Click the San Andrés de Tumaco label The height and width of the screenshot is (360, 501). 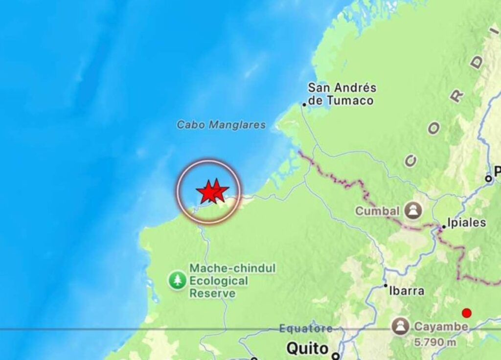tap(342, 94)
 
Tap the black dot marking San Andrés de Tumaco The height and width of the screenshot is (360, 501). tap(304, 104)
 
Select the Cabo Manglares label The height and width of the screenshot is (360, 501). tap(221, 125)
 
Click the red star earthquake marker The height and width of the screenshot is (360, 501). tap(211, 191)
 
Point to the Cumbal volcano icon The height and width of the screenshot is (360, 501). tap(414, 211)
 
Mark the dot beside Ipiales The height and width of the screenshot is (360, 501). tap(444, 227)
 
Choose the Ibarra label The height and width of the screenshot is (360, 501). tap(406, 291)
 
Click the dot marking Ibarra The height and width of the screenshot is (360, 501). tap(386, 286)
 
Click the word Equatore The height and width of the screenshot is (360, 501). tap(306, 329)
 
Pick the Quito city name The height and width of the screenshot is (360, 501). tap(307, 349)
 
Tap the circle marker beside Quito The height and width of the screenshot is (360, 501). tap(335, 356)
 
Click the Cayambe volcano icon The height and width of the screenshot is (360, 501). tap(400, 326)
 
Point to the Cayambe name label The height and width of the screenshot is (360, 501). tap(441, 326)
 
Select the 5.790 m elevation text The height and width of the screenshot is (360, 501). tap(434, 342)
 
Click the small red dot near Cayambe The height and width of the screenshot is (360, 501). tap(467, 313)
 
